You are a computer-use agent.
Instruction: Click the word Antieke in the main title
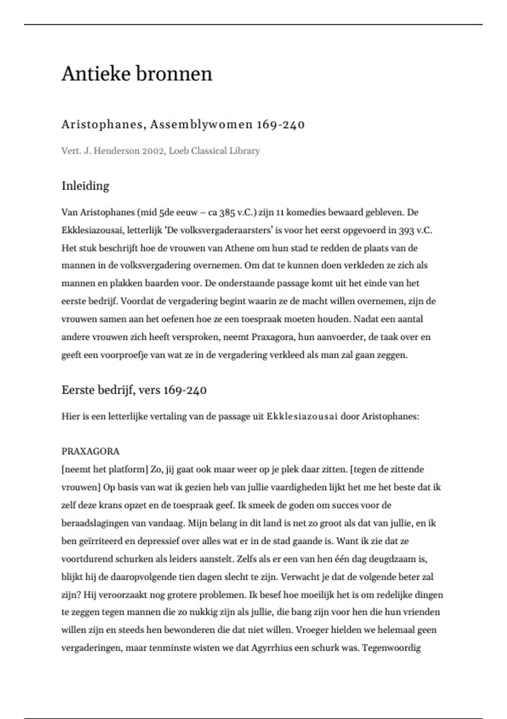[95, 74]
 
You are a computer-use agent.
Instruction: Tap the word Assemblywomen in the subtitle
[202, 125]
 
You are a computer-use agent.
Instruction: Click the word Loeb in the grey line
[178, 151]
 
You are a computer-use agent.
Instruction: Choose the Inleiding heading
[85, 186]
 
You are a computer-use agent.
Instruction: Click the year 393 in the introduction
[407, 231]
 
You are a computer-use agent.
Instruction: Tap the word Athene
[225, 248]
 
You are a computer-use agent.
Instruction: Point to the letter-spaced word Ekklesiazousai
[302, 417]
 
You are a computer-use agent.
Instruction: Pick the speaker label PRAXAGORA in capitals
[90, 451]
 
